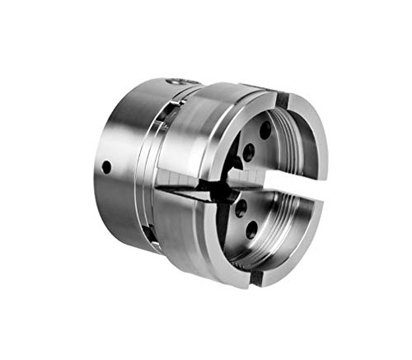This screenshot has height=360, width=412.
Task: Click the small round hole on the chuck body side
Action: pos(106,166)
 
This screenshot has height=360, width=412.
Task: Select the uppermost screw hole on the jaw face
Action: pos(265,129)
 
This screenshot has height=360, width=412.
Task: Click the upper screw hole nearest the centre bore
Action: pos(248,151)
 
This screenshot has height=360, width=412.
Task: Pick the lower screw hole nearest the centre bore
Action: pos(240,207)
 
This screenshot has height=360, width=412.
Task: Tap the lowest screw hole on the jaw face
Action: pos(250,231)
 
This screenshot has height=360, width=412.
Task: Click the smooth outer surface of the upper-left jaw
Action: pos(198,132)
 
